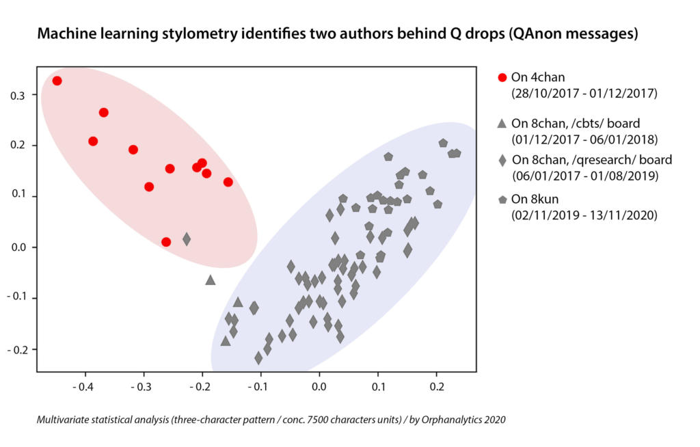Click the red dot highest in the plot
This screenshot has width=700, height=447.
[57, 81]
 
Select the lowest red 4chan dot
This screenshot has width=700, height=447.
[166, 242]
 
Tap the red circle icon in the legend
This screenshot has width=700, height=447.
[502, 77]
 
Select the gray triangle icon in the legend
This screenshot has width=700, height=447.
[502, 124]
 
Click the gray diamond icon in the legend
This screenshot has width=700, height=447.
[502, 161]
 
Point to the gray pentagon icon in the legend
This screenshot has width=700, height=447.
[502, 200]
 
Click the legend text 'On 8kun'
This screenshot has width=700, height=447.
[535, 200]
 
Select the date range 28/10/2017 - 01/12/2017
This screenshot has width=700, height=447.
[584, 92]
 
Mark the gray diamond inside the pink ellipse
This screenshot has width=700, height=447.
[187, 239]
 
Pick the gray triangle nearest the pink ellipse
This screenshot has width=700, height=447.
[211, 280]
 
